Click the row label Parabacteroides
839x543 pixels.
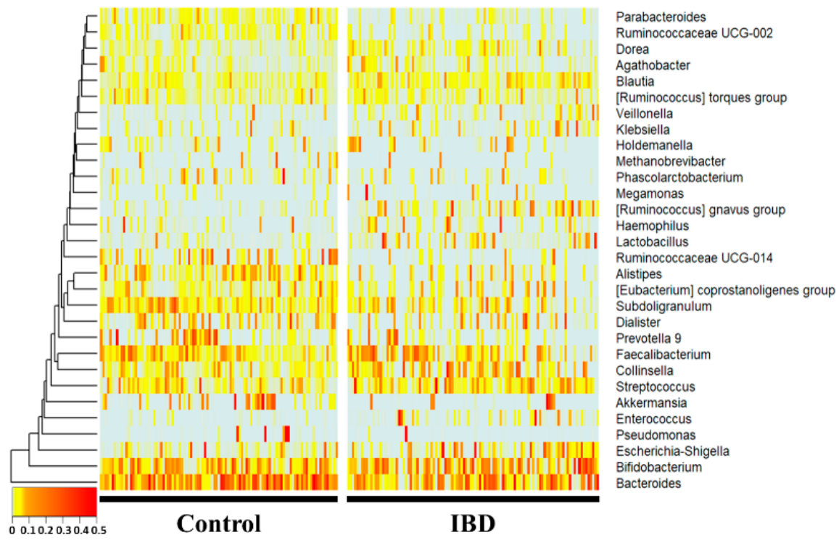[650, 16]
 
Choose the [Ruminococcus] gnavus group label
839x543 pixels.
[700, 210]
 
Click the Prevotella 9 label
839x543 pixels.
[648, 338]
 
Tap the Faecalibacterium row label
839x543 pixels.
[663, 355]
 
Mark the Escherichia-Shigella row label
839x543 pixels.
[672, 451]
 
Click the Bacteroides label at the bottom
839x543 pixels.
[648, 483]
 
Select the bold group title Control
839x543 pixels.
[218, 523]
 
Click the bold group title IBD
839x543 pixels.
[473, 523]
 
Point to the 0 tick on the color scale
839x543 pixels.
[13, 531]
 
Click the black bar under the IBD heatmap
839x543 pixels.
[473, 499]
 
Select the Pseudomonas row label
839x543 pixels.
[655, 435]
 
